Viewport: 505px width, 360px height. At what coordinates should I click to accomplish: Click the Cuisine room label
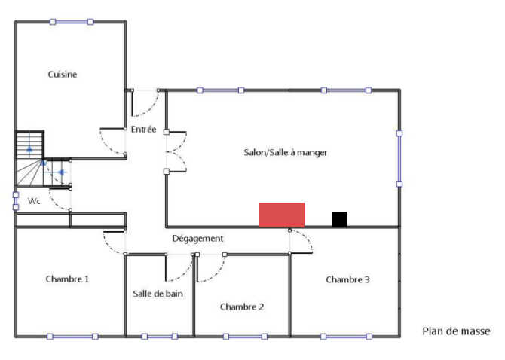[63, 75]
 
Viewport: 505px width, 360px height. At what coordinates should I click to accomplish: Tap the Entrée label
[143, 130]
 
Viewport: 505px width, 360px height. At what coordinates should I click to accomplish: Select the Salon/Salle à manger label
[285, 152]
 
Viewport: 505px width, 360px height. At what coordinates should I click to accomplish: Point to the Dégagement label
[197, 239]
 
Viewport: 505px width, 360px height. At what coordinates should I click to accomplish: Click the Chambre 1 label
[67, 279]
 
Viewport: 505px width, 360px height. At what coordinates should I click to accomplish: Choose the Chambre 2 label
[242, 307]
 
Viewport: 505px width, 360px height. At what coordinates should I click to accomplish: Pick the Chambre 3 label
[347, 279]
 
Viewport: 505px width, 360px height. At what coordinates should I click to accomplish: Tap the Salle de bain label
[158, 294]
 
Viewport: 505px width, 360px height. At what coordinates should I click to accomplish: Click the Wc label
[34, 201]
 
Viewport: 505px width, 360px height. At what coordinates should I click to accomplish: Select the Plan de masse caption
[456, 331]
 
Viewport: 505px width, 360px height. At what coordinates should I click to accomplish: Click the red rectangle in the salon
[282, 215]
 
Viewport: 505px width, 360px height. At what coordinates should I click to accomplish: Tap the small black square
[339, 219]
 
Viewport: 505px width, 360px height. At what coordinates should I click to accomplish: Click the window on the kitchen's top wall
[72, 22]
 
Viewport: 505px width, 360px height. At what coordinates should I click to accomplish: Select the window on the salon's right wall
[399, 158]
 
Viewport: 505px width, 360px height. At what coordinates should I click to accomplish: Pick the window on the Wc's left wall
[16, 200]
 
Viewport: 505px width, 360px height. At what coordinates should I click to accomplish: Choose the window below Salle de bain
[161, 336]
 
